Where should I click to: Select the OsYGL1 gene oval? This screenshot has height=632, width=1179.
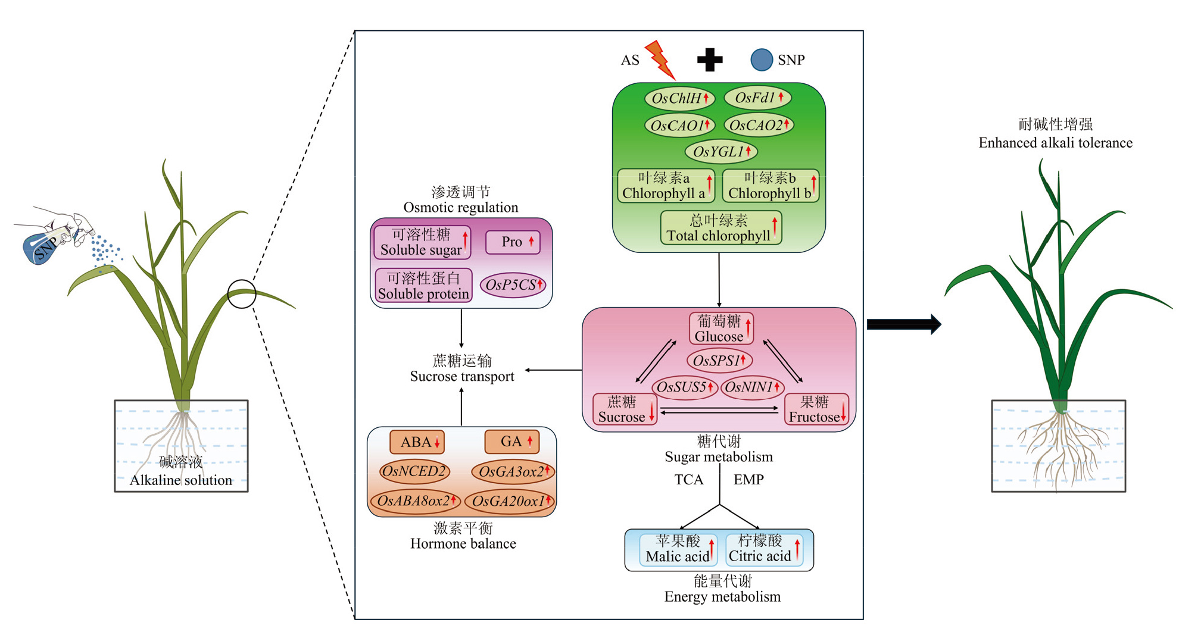(721, 152)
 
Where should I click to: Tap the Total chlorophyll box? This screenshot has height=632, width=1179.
(720, 228)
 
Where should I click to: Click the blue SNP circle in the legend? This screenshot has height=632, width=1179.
(762, 60)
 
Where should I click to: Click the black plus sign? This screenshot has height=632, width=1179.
(710, 60)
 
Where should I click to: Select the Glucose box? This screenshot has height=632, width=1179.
(721, 328)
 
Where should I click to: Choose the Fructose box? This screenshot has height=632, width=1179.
(816, 409)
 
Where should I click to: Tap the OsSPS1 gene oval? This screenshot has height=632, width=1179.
(719, 360)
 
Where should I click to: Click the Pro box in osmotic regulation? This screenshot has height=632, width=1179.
(513, 242)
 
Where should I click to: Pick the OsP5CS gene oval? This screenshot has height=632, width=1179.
(513, 285)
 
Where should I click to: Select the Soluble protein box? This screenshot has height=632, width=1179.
(423, 286)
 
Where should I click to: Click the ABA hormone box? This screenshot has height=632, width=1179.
(417, 442)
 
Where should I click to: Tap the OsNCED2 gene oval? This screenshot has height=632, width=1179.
(414, 472)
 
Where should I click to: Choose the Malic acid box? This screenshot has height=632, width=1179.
(678, 549)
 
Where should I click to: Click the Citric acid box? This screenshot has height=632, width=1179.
(764, 549)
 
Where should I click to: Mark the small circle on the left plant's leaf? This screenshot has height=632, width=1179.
(242, 294)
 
